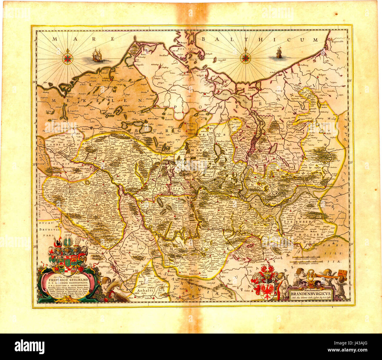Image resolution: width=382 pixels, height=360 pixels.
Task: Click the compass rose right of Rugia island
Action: tap(245, 58)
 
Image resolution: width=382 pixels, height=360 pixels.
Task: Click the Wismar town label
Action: tap(70, 96)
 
